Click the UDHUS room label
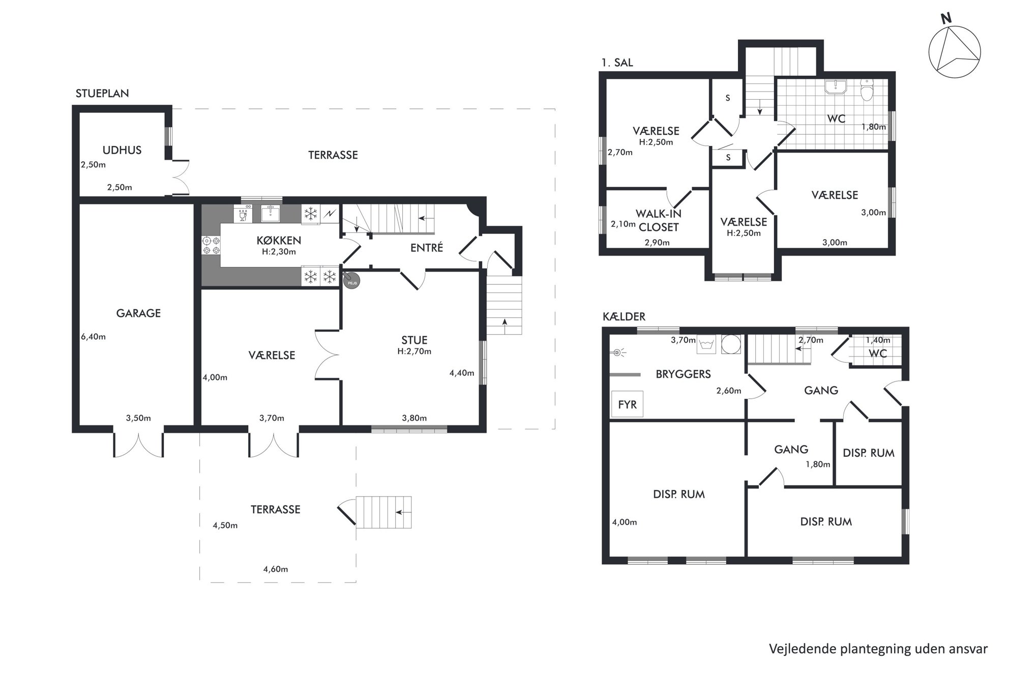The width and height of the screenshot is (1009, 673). point(122,150)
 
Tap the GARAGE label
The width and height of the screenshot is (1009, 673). point(138,313)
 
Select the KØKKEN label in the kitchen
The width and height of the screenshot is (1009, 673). point(279,240)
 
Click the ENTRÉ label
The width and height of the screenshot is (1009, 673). point(427,248)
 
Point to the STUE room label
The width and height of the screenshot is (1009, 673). point(414,340)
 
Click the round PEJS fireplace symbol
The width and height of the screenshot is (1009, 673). point(351,280)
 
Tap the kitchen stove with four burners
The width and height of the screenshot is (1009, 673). point(211,245)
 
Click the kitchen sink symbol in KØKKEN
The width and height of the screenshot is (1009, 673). point(271,214)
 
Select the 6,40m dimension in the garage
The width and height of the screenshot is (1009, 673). point(93,337)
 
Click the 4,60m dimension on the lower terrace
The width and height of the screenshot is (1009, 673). point(276,569)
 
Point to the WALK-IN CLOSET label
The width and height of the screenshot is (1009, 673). point(659,220)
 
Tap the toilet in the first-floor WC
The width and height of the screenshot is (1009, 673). point(867,91)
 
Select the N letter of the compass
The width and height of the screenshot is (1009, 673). point(946,19)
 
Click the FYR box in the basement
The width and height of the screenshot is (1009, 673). point(627,404)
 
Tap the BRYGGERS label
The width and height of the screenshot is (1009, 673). point(683,374)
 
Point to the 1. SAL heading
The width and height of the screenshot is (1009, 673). point(617,63)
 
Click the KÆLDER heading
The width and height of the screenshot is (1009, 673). point(624,316)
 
